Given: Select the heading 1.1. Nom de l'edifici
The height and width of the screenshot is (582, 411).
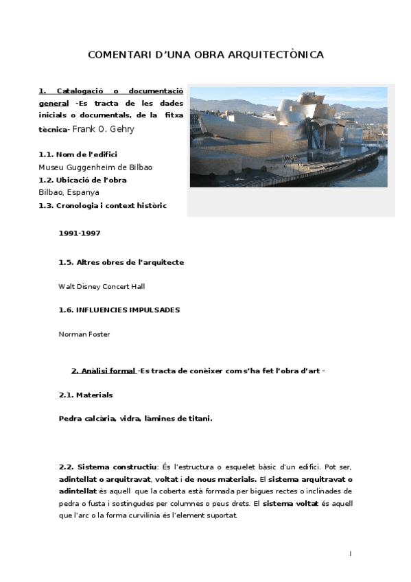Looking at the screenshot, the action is click(78, 154).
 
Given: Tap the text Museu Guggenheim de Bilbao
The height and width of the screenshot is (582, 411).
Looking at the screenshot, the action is click(95, 167).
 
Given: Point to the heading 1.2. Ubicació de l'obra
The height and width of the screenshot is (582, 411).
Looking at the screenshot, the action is click(82, 180).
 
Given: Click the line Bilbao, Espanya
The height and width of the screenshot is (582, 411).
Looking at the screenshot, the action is click(69, 192).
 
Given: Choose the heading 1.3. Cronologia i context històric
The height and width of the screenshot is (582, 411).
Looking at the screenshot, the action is click(102, 205).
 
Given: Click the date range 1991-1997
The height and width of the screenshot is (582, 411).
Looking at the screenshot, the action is click(80, 233).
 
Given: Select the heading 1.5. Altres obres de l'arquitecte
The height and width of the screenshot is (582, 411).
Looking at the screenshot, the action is click(121, 261).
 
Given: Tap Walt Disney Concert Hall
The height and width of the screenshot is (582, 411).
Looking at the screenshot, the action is click(102, 286).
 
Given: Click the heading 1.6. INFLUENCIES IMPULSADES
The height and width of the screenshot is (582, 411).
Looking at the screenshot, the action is click(119, 310).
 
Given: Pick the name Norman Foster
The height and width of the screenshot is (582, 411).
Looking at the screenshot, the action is click(84, 334).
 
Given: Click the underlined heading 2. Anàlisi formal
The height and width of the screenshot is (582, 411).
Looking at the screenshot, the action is click(104, 371).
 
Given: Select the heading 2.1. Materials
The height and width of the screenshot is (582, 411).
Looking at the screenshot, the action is click(86, 395).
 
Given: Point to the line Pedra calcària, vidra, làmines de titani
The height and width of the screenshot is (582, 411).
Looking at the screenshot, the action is click(135, 418).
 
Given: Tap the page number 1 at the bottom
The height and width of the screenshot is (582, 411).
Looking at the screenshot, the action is click(350, 553).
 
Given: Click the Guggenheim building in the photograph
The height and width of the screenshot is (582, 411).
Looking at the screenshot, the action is click(288, 130).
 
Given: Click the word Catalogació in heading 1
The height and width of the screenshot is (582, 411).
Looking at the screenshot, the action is click(80, 91).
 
